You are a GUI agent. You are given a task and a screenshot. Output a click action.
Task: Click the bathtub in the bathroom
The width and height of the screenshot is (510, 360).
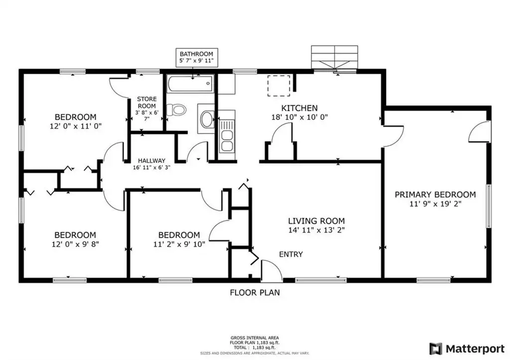pos(190,84)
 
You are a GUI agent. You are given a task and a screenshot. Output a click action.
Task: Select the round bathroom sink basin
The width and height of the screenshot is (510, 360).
pos(207,120)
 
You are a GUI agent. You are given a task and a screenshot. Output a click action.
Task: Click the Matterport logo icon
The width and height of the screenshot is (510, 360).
pos(436,349)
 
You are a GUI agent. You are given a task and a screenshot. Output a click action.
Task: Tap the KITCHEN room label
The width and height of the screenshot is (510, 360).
pos(299,108)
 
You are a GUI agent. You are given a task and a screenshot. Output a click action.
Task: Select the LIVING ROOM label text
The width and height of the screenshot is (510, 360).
pos(316,221)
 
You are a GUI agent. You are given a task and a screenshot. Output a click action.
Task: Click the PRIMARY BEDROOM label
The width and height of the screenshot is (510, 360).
pos(435,195)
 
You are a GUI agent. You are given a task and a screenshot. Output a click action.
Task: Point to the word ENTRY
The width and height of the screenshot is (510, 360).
pos(291,254)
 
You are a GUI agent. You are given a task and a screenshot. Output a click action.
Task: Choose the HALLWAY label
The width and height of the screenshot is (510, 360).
pos(151,161)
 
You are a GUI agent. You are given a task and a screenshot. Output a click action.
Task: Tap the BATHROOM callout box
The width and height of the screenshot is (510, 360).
pos(197,58)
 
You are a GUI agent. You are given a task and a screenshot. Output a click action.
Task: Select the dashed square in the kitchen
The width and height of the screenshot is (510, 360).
pos(279,86)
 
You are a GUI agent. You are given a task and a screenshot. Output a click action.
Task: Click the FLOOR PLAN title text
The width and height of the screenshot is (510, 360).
pos(255,293)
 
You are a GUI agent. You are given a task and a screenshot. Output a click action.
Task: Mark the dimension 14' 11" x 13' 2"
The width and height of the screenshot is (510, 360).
pos(316,230)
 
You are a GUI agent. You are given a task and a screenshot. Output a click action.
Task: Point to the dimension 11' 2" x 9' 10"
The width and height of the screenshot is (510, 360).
pos(179,244)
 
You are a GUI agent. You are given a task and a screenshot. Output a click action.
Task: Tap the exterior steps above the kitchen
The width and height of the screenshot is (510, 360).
pos(334,57)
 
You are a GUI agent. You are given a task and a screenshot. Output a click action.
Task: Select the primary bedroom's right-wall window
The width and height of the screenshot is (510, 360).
pos(489,206)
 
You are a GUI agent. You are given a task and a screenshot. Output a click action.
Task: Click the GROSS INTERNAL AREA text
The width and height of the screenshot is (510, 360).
pos(255,338)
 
